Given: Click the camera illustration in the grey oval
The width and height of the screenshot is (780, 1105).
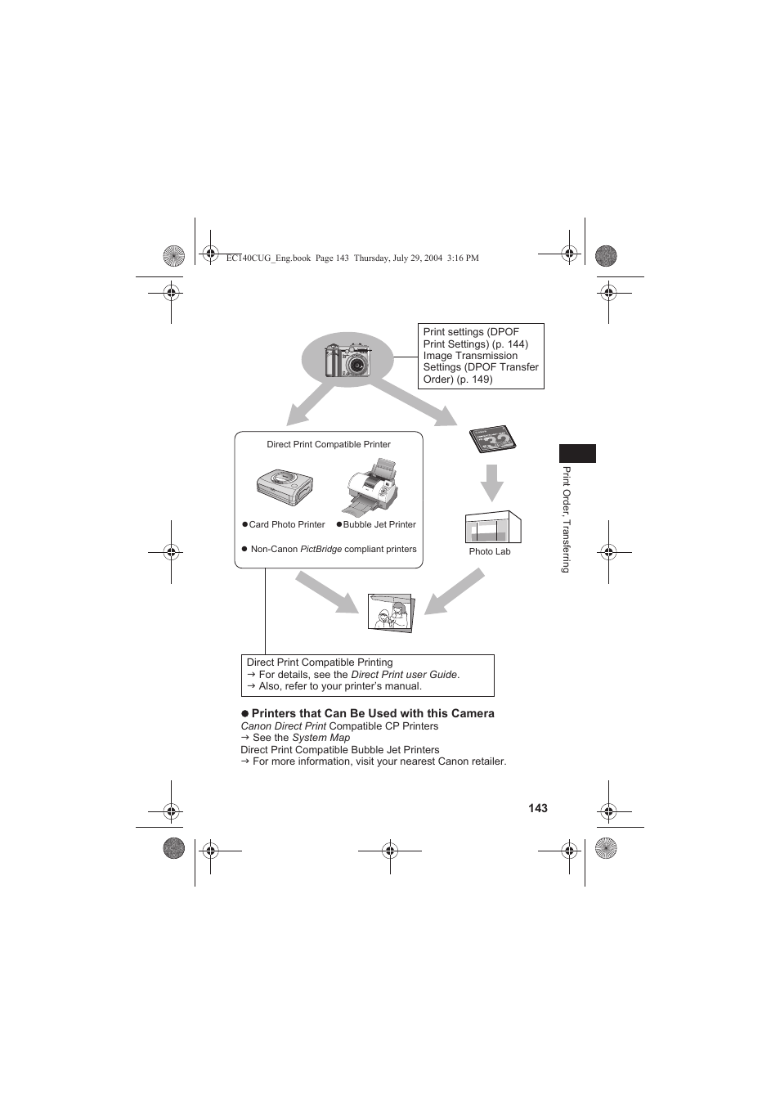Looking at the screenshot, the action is point(348,360).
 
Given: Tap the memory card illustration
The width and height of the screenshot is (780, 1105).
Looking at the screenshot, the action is point(492,440).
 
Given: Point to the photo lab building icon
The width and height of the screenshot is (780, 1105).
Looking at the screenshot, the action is point(492,528).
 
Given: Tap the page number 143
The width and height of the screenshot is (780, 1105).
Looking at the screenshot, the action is point(537,808).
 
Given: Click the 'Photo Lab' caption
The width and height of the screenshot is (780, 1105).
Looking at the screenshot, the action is point(489,551).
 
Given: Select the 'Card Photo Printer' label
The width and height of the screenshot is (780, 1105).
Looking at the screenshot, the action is point(286,524).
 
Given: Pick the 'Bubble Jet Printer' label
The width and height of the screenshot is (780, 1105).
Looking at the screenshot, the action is point(379,524).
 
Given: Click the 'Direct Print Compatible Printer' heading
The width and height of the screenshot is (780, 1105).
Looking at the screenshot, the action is point(329,444).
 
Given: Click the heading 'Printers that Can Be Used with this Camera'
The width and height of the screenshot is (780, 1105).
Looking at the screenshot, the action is point(372,713).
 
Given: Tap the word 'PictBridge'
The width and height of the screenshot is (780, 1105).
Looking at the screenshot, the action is point(321,549).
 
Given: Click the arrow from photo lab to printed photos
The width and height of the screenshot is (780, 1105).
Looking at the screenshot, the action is point(455,591).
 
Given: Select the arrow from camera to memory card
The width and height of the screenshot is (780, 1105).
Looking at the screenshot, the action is point(413,401).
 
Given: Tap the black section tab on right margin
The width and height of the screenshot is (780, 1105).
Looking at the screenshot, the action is point(577,453).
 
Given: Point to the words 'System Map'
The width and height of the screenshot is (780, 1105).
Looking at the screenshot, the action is point(321,737).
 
